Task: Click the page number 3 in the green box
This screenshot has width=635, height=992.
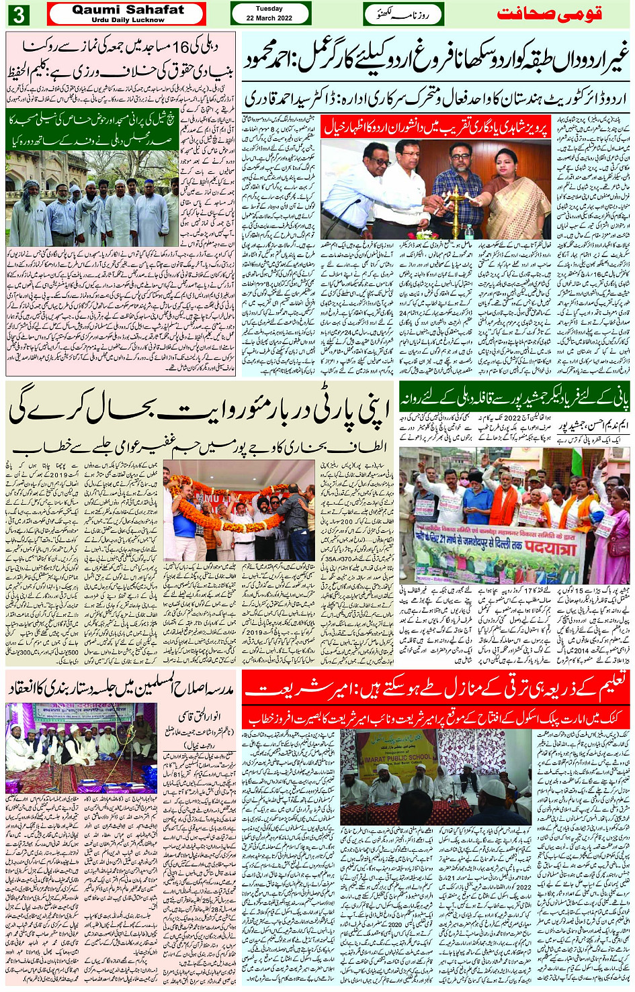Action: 18,14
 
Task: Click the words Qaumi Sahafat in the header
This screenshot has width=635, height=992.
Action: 128,9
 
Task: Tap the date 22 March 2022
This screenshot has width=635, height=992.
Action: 269,18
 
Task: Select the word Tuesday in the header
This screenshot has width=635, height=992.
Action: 269,9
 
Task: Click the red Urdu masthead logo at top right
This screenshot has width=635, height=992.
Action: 548,13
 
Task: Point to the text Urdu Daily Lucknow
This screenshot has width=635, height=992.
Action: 128,20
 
